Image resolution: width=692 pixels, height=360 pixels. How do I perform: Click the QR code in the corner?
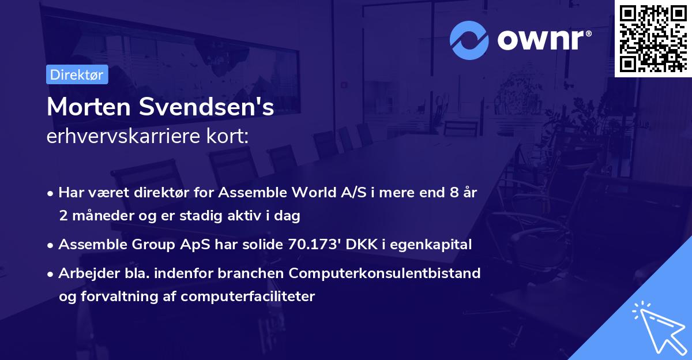point(653,38)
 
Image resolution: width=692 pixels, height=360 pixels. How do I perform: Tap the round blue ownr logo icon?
point(469,40)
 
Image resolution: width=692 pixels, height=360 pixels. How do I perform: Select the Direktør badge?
point(77,74)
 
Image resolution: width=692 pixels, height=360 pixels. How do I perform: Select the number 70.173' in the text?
point(315,245)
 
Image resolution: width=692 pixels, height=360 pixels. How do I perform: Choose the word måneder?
point(99,216)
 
